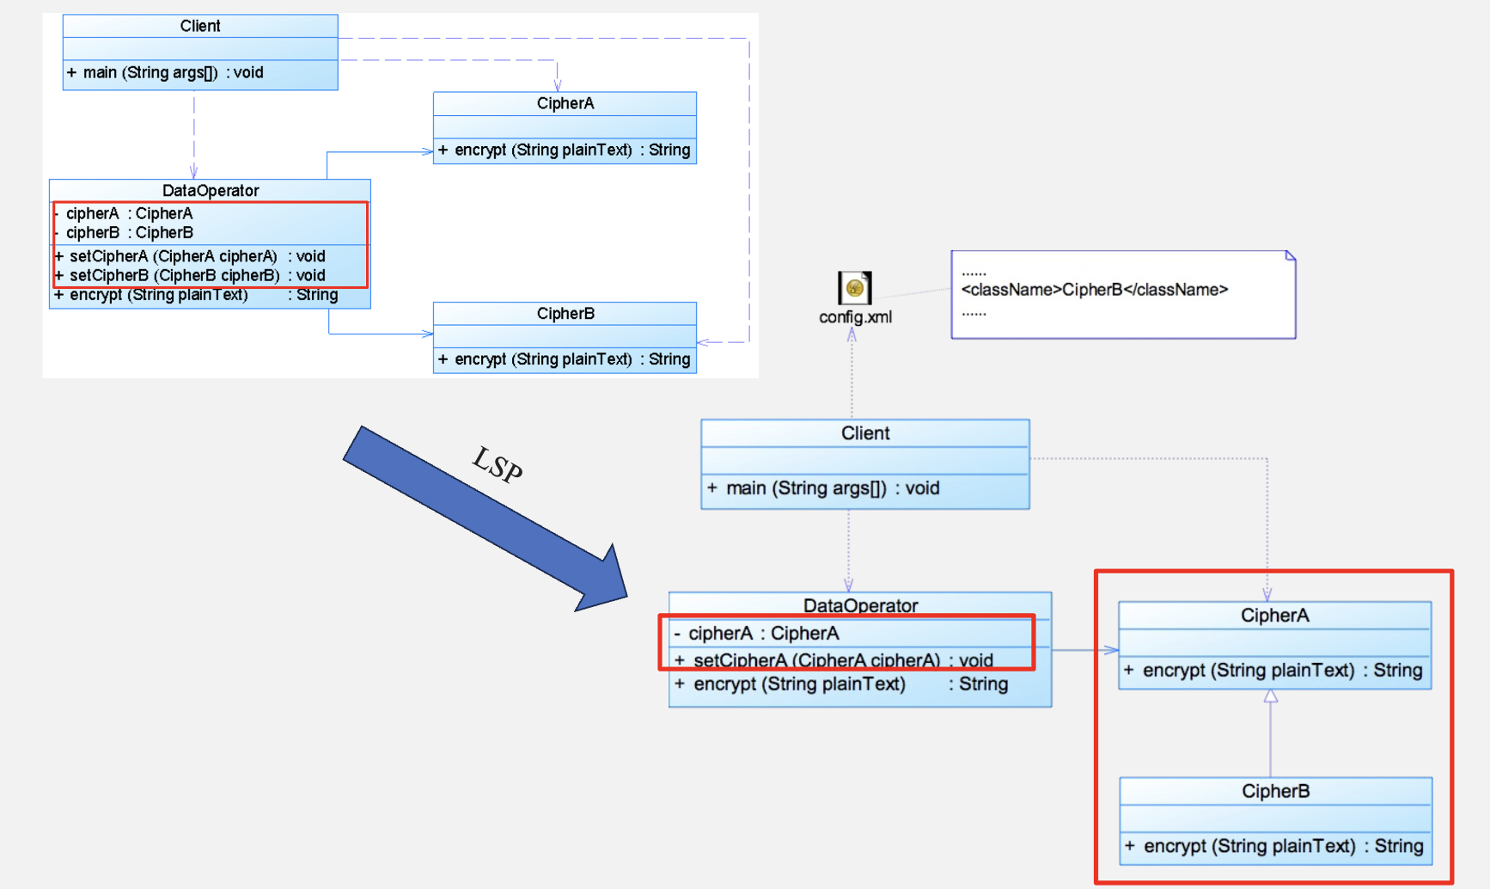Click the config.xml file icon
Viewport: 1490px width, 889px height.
(854, 287)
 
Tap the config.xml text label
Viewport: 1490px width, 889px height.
(855, 317)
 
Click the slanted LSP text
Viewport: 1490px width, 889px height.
(498, 465)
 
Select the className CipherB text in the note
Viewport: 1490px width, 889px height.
(1094, 290)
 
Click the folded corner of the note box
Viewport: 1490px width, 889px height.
(1290, 255)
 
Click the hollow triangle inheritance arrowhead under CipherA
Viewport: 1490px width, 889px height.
(1271, 696)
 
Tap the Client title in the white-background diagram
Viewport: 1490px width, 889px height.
(200, 26)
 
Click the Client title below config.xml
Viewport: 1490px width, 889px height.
(865, 433)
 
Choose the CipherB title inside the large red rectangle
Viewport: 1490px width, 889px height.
(1276, 791)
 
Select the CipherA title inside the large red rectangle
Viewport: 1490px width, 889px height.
(1275, 616)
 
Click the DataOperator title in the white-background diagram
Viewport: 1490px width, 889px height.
(211, 190)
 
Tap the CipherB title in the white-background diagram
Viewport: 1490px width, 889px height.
(565, 313)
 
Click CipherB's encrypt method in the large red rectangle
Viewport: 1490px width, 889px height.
(1275, 846)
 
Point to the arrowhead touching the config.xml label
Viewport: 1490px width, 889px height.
(852, 335)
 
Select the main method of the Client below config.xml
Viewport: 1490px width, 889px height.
(824, 488)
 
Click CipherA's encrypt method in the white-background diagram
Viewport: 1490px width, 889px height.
(565, 150)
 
